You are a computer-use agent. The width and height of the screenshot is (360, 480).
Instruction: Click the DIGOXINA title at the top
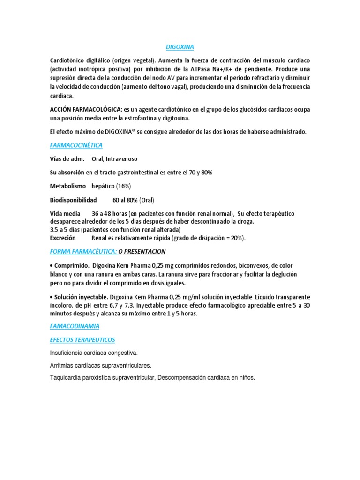(180, 47)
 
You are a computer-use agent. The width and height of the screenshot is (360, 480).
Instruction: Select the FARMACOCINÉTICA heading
(76, 146)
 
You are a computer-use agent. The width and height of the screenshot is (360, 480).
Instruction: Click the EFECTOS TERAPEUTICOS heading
(82, 339)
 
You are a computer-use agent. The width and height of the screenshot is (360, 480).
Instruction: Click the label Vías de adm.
(67, 159)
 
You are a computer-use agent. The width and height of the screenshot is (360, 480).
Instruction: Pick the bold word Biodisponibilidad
(73, 200)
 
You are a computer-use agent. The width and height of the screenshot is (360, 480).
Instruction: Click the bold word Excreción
(63, 238)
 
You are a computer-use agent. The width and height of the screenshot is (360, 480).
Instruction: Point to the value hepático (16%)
(111, 187)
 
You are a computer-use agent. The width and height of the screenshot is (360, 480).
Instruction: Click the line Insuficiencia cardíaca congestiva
(94, 352)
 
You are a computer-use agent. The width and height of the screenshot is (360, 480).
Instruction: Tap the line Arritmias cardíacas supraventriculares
(101, 365)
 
